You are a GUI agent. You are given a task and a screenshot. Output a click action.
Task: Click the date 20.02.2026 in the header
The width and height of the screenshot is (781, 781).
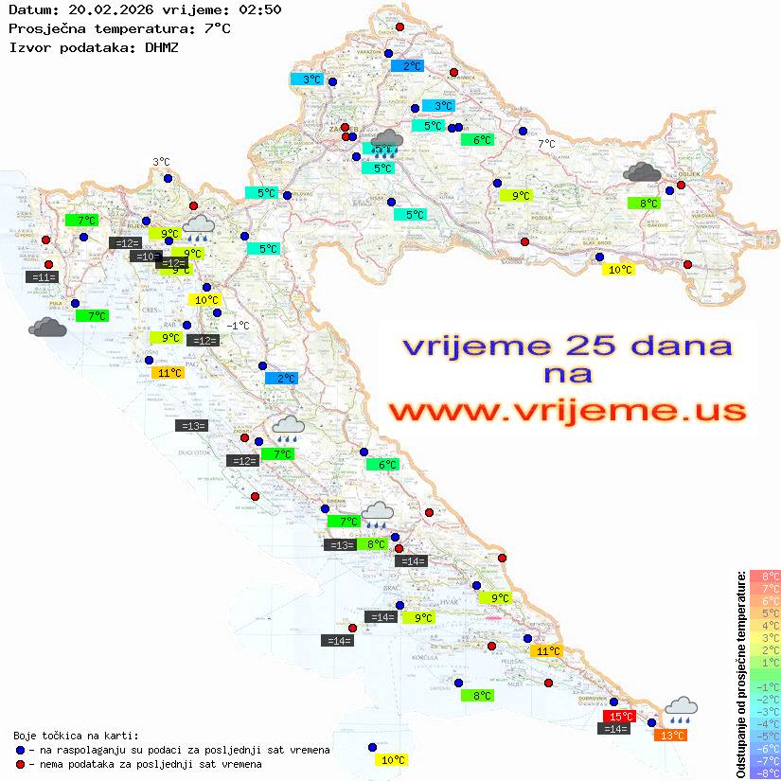click(x=98, y=10)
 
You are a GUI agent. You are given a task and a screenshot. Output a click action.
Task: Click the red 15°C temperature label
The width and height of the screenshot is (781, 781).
click(x=619, y=717)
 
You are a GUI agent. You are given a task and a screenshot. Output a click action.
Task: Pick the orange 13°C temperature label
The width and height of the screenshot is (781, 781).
click(x=671, y=736)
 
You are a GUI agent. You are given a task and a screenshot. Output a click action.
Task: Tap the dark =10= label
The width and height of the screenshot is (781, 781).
click(x=146, y=257)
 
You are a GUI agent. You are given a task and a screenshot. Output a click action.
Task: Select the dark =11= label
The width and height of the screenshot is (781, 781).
click(x=44, y=277)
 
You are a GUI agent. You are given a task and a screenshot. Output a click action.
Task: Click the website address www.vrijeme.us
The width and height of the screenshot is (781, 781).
click(x=566, y=412)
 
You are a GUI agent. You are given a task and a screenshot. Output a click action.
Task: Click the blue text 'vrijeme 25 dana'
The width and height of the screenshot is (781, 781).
click(x=566, y=346)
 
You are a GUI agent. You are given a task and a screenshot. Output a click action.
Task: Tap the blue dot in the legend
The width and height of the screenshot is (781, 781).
click(x=20, y=750)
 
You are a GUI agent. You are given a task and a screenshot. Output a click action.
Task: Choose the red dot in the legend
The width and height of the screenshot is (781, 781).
click(x=20, y=764)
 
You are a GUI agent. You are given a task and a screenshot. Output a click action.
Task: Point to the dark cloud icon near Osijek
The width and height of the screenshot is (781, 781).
click(x=643, y=172)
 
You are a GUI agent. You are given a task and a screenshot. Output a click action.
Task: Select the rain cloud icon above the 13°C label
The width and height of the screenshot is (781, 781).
click(x=681, y=708)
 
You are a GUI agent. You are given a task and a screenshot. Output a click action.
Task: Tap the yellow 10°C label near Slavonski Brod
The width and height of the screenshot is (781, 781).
click(x=618, y=270)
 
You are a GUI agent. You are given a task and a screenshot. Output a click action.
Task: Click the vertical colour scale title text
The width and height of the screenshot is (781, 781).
click(x=740, y=674)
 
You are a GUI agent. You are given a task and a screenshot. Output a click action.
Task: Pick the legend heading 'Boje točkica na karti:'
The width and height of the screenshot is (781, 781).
click(x=76, y=736)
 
